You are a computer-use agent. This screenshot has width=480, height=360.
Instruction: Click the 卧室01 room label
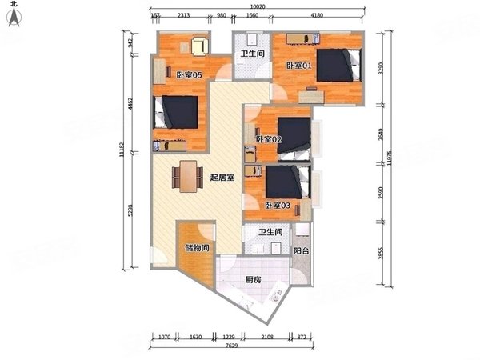tap(298, 66)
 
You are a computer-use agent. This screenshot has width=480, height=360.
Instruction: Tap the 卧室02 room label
tap(268, 140)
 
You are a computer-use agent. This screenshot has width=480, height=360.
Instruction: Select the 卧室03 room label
tap(277, 206)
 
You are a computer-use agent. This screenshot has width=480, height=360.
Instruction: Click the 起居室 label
tap(222, 178)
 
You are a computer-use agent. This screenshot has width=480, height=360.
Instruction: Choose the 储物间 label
tap(197, 248)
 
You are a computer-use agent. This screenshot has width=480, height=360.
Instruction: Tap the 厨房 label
tap(254, 280)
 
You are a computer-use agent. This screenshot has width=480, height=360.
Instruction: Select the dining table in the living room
tap(188, 176)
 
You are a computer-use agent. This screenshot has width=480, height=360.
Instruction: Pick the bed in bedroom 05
tap(177, 113)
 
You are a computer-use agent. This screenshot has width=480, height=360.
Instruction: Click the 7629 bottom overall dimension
tap(230, 346)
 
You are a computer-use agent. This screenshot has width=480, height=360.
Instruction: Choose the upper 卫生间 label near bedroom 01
tap(253, 54)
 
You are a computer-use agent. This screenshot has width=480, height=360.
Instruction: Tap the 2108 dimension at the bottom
tap(267, 337)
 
